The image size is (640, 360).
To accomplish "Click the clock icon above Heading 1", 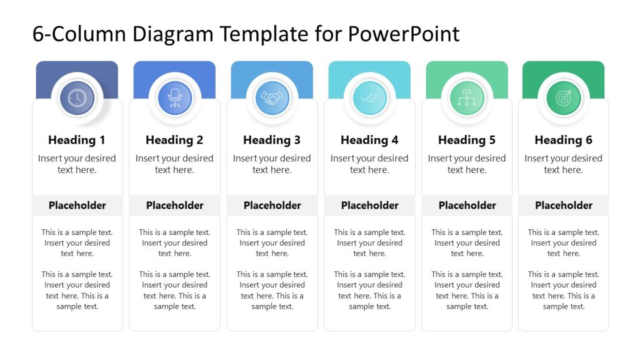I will (x=77, y=98).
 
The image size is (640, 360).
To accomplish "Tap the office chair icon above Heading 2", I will (x=174, y=98).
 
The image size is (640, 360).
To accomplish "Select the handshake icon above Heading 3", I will (x=272, y=98).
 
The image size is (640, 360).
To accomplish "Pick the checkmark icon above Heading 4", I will (x=369, y=98).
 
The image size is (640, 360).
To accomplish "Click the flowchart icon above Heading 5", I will (x=467, y=98).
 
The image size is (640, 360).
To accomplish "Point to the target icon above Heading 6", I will (x=564, y=98).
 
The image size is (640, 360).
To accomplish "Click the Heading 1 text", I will (x=77, y=140).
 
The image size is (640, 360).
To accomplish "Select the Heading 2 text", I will (x=174, y=140).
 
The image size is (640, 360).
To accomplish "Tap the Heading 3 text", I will (x=272, y=140).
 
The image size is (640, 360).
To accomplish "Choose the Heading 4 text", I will (x=369, y=140).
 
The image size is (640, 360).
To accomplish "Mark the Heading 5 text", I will (x=467, y=140).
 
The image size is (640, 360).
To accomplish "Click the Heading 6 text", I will (x=564, y=140).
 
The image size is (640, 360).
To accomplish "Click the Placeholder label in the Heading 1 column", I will (x=77, y=205).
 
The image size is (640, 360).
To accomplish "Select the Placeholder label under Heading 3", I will (x=272, y=205).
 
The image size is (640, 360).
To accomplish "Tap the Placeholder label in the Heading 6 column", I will (x=564, y=205).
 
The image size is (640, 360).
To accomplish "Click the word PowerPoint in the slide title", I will (x=404, y=34).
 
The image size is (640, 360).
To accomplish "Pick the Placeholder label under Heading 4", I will (x=370, y=205).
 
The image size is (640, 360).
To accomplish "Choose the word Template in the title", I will (x=259, y=34).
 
